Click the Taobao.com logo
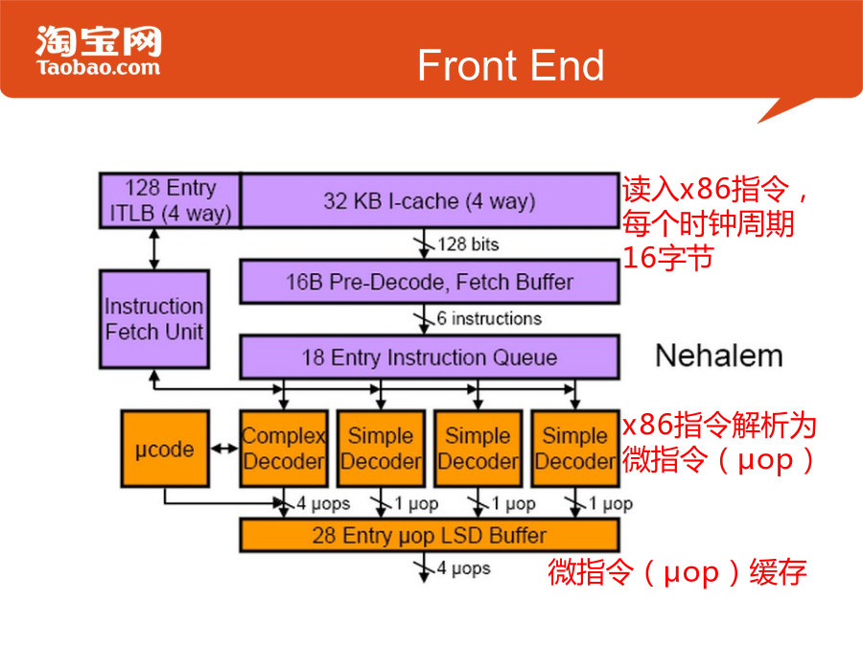coord(99,51)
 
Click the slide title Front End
coord(511,65)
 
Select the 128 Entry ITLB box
coord(170,200)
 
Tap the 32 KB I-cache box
coord(430,200)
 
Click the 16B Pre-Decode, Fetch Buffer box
coord(430,282)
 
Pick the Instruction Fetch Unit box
coord(154,319)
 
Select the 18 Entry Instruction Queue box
coord(430,358)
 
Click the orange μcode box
coord(165,449)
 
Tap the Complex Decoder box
coord(284,449)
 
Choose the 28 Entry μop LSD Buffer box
coord(430,535)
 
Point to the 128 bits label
coord(468,244)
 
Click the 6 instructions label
coord(489,318)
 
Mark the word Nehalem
coord(719,356)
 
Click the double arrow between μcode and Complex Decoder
coord(224,450)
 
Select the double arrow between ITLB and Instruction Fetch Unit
coord(154,248)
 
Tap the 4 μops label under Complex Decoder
coord(323,503)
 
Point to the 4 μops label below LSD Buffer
coord(463,568)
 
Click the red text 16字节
coord(668,258)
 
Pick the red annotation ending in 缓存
coord(677,572)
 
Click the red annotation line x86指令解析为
coord(719,426)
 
